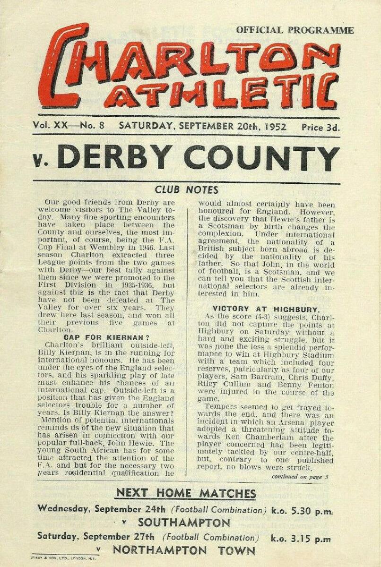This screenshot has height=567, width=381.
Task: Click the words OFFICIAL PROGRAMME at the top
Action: point(295,30)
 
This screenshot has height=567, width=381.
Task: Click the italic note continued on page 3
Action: point(300,477)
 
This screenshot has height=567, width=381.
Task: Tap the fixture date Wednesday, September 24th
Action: point(102,509)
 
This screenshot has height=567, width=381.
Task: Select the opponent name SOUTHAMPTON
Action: point(184,523)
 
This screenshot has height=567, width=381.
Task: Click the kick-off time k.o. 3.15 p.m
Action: point(301,539)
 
